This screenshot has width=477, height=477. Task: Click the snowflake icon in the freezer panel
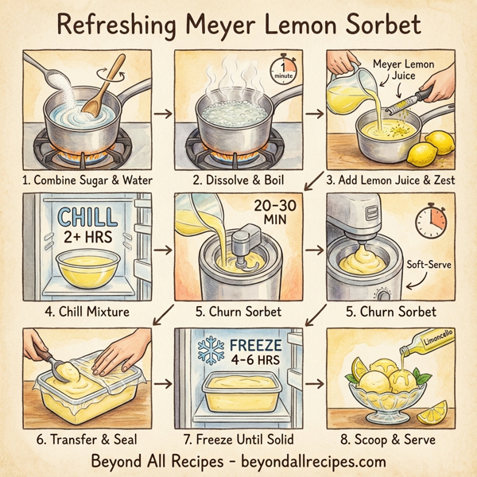tap(209, 353)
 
